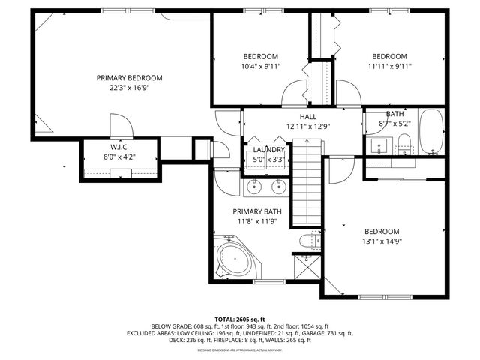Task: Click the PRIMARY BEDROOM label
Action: [129, 78]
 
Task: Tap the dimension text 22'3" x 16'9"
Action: [129, 88]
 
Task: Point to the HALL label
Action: [307, 117]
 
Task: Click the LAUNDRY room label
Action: [268, 150]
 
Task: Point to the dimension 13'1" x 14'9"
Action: [382, 241]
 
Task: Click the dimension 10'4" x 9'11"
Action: [261, 66]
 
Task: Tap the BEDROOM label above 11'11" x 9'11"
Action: [389, 56]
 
